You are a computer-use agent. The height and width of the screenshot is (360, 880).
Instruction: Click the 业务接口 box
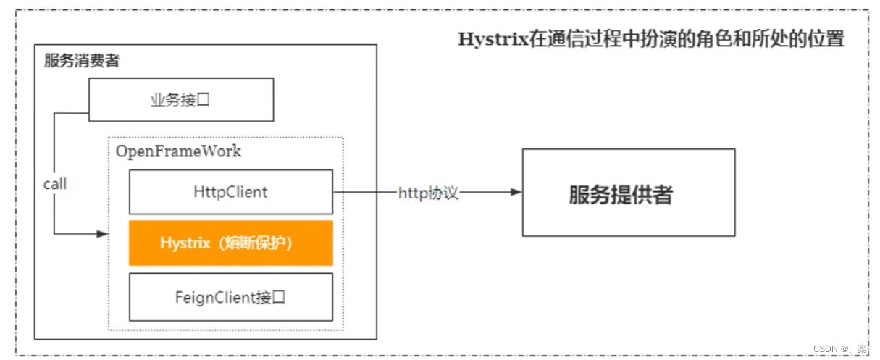(181, 99)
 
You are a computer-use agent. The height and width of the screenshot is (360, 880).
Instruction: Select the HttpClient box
(230, 192)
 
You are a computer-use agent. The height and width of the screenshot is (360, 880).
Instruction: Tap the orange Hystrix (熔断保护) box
(230, 243)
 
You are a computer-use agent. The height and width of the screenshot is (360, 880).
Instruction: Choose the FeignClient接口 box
(230, 296)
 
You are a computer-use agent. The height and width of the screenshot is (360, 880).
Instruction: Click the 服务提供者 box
(628, 193)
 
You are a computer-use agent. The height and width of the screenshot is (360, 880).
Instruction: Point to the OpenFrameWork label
(178, 152)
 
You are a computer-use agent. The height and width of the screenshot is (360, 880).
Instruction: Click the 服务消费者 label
(82, 60)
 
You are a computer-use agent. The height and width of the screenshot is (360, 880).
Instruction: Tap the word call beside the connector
(55, 184)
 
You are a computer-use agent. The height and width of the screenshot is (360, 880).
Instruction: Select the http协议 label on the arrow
(428, 193)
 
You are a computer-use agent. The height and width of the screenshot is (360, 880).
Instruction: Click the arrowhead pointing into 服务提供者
(516, 193)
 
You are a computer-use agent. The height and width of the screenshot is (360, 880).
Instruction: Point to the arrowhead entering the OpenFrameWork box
(102, 234)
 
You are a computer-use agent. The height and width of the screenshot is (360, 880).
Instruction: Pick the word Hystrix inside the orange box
(183, 243)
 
